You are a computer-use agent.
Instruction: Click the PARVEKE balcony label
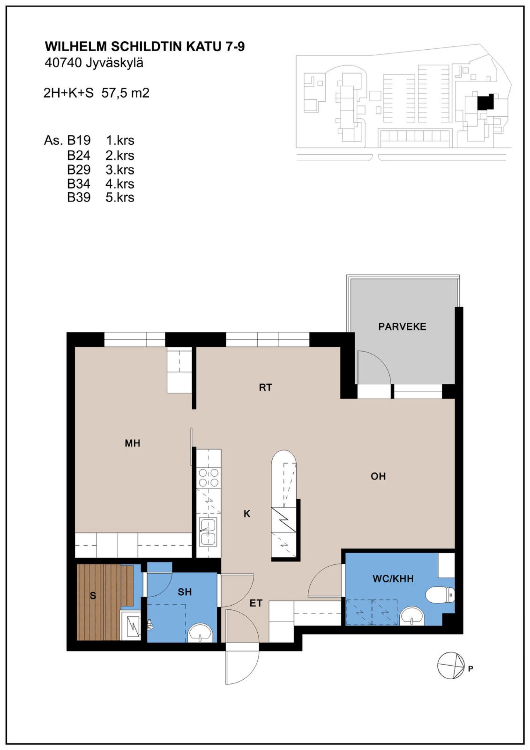tap(402, 327)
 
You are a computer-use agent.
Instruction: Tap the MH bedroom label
tap(132, 443)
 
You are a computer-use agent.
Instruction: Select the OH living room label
tap(378, 476)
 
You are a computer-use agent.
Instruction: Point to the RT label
tap(265, 387)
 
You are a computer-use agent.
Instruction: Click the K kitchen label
tap(247, 514)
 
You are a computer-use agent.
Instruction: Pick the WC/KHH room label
tap(393, 579)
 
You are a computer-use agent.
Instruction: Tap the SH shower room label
tap(185, 592)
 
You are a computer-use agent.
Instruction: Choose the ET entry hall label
tap(256, 603)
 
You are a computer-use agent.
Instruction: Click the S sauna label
tap(93, 596)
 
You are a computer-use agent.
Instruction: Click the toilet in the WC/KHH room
tap(440, 595)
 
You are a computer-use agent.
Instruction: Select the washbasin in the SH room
tap(201, 632)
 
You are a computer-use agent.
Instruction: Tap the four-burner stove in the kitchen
tap(209, 478)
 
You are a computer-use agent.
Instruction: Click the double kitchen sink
tap(208, 532)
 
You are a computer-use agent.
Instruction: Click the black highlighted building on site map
tap(485, 102)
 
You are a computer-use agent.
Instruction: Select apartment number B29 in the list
tap(79, 170)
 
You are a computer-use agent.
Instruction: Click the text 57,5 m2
tap(126, 93)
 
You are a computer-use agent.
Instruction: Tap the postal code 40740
tap(63, 63)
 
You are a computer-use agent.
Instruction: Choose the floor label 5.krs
tap(120, 197)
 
